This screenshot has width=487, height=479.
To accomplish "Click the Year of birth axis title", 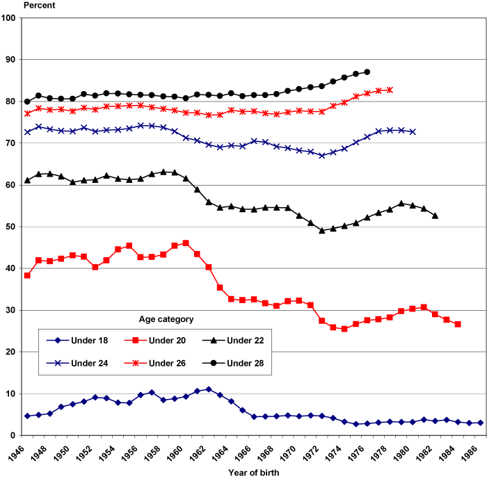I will point(255,473).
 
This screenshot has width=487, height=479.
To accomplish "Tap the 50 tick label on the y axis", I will point(10,227).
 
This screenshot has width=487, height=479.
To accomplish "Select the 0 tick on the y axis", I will point(13,435).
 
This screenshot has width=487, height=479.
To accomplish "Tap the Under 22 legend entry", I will point(243,340).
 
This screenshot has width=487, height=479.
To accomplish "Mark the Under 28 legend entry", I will point(243,363).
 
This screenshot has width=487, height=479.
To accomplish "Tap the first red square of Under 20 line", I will point(27,275).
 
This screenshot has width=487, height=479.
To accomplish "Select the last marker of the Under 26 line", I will point(390,90).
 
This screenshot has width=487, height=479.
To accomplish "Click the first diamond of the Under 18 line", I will point(27,416).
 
